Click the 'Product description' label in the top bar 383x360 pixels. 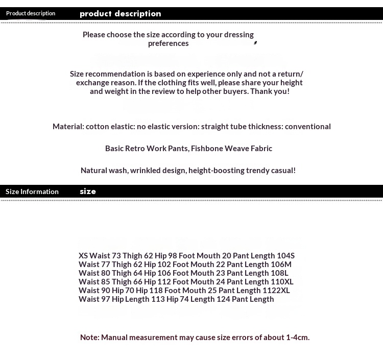(31, 13)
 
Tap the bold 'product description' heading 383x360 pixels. (121, 14)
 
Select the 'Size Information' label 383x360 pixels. (32, 191)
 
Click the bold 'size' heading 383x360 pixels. (88, 191)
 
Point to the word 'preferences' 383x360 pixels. (169, 43)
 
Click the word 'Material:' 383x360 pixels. (68, 127)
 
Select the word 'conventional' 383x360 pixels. (307, 127)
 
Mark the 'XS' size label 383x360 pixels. (83, 256)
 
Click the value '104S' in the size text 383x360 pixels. (285, 256)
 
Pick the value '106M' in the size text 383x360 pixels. (281, 265)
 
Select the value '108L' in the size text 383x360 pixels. (279, 273)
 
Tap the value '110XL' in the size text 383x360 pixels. (282, 282)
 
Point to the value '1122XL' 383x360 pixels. (276, 291)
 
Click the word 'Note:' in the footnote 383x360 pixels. (90, 338)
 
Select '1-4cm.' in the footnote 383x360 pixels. (297, 338)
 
